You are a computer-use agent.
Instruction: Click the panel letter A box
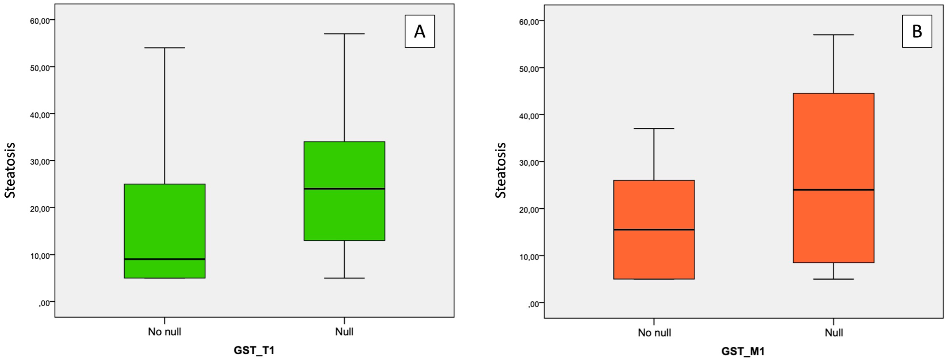419,31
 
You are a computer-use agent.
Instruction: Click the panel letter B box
917,31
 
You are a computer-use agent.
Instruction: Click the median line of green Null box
344,189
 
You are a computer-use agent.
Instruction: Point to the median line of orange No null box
654,230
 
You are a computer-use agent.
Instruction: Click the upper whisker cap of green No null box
164,48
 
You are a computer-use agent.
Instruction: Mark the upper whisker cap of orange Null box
833,35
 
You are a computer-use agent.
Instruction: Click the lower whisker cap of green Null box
344,278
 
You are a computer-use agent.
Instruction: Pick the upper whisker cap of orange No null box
654,129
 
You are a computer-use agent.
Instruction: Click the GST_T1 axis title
254,350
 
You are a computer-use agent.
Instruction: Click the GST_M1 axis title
743,351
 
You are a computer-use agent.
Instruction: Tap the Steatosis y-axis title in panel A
10,170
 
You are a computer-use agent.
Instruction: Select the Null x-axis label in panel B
833,333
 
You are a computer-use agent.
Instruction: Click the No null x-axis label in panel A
164,332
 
